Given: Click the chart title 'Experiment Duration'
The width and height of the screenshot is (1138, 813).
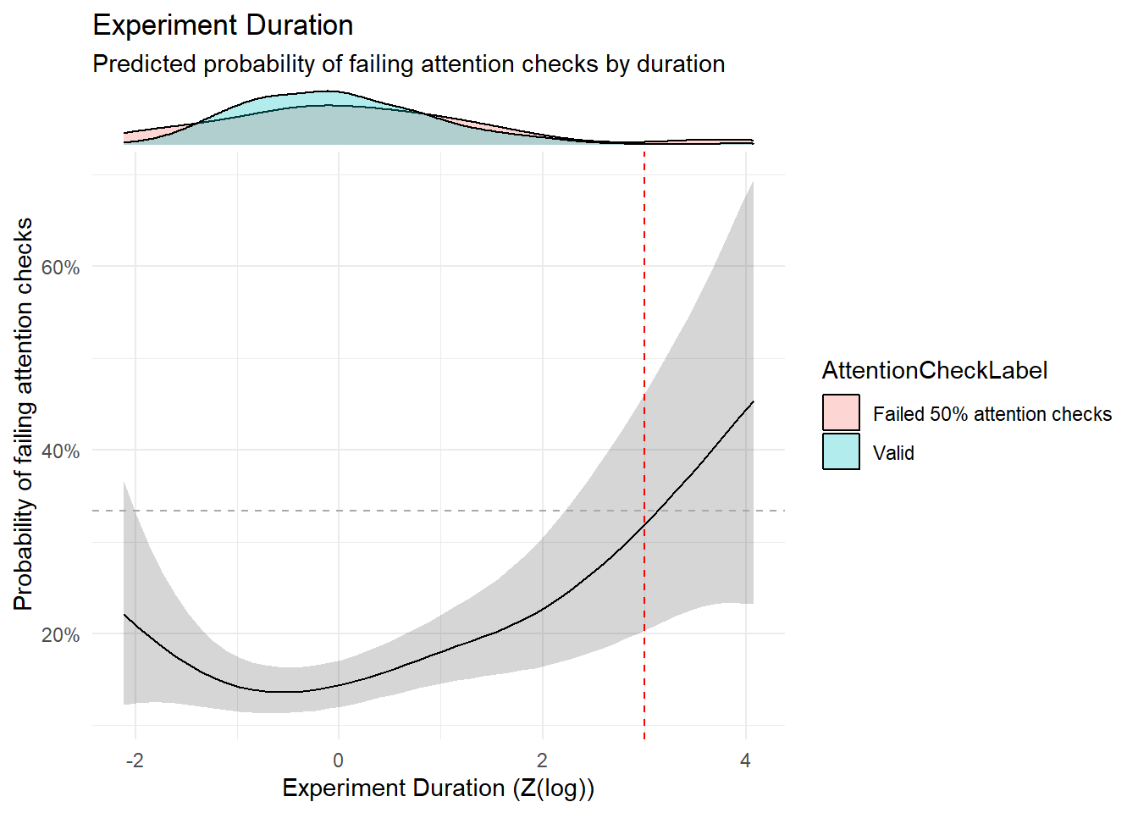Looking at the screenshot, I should point(223,25).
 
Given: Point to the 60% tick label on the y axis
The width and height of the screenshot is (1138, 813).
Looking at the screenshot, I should point(60,268).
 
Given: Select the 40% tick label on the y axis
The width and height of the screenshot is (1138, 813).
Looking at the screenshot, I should point(60,451).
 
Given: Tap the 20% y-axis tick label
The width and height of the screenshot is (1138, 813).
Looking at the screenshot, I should point(60,635).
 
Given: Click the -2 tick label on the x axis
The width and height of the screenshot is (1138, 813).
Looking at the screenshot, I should point(135,760).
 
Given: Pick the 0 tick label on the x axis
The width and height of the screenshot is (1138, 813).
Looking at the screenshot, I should point(339,760).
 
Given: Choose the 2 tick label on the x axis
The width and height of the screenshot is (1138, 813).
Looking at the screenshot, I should point(542,760).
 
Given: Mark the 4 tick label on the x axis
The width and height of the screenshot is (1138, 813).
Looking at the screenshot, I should point(745,760).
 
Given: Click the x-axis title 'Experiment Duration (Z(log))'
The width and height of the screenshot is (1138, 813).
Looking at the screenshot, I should point(439,788).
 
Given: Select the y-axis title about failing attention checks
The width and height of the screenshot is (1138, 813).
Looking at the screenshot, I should point(24,414).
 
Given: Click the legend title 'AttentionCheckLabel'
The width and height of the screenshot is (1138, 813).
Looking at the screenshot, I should point(935,371).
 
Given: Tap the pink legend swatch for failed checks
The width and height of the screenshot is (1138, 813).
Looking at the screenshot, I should point(841,413).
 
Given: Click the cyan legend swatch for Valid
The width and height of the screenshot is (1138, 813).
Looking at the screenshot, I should point(841,452).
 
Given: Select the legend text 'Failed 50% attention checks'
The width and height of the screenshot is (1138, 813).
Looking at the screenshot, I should point(992,414).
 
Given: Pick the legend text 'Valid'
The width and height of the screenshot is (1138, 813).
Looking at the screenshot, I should point(893,453).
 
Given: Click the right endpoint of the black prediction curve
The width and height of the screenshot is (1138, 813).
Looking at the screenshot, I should point(753,401).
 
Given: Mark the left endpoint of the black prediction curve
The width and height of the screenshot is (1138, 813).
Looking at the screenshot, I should point(124,614).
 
